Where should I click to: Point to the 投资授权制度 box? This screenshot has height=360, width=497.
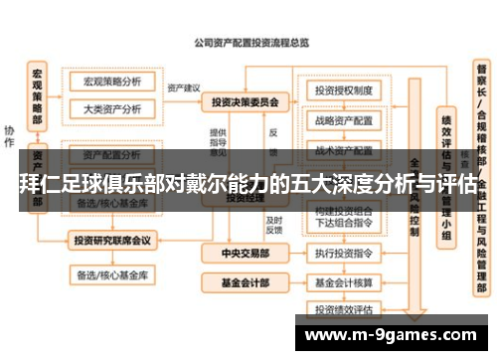343,91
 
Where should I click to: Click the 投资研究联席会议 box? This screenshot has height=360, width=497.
112,240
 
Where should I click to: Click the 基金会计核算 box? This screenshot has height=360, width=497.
343,281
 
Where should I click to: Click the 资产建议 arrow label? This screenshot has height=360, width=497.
184,87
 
